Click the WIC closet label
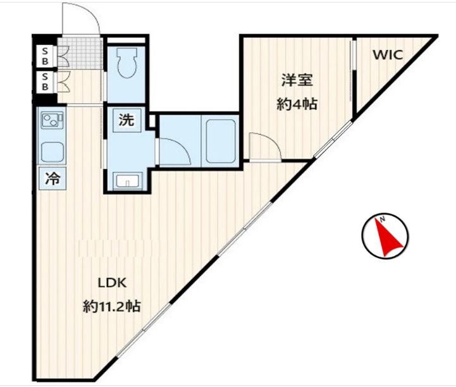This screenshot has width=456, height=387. [387, 55]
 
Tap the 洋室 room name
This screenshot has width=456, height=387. [296, 80]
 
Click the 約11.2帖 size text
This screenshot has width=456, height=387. [111, 307]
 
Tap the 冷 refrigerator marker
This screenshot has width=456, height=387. [51, 179]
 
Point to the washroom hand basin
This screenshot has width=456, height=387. [128, 182]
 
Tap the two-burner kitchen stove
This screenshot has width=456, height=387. [50, 120]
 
